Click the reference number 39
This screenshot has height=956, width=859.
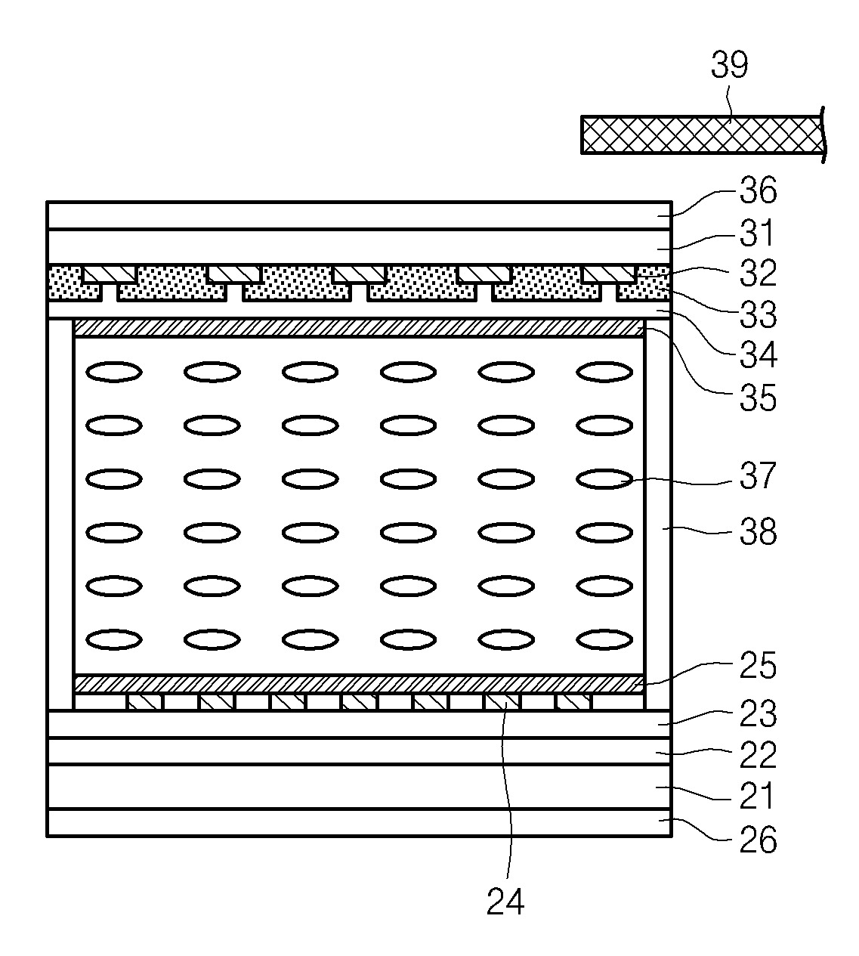click(x=729, y=66)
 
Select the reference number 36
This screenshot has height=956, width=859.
click(x=758, y=190)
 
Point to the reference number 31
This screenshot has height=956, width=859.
click(x=758, y=234)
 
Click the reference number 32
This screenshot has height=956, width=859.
click(x=758, y=274)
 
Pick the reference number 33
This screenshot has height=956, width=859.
click(x=758, y=315)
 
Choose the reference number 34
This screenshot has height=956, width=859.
click(x=758, y=355)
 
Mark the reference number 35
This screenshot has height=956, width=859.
click(x=758, y=398)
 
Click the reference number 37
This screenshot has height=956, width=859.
click(x=758, y=477)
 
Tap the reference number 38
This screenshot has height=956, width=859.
click(x=758, y=532)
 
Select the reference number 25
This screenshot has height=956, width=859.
click(x=758, y=666)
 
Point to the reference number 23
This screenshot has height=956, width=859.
click(x=758, y=713)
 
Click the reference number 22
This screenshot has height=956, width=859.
click(x=758, y=754)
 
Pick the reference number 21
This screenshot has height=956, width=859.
click(x=758, y=796)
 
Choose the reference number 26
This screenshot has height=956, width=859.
click(x=758, y=839)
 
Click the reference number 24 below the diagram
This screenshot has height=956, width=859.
click(x=505, y=902)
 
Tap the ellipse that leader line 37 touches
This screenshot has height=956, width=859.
click(x=604, y=479)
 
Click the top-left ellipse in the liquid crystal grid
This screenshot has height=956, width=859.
click(x=114, y=372)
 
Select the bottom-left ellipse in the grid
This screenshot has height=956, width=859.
click(x=114, y=639)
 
